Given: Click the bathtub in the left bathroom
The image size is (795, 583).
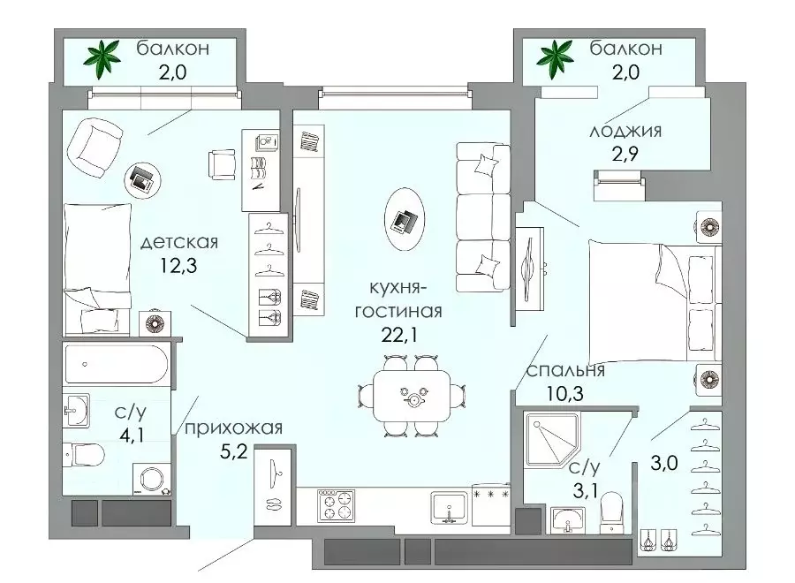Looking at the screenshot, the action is [116, 364].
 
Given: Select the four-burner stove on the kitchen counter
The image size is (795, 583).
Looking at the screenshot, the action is [336, 505].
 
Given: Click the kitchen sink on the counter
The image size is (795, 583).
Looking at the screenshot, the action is [450, 508].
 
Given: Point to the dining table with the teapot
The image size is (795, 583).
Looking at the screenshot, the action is [412, 396].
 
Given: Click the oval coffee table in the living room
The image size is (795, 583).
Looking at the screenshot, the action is [405, 219].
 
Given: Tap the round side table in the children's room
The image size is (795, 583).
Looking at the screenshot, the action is [142, 178].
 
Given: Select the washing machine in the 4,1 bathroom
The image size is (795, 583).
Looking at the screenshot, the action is [152, 479].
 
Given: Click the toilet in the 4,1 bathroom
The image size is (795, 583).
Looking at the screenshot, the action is [84, 455].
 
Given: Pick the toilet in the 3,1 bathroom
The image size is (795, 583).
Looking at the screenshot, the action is [611, 512].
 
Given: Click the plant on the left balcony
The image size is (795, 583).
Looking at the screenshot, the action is [103, 58].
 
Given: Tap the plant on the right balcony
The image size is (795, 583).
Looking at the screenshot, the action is [556, 58].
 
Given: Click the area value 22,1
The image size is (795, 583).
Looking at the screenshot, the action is [399, 335].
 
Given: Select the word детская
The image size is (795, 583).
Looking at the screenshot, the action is [179, 242].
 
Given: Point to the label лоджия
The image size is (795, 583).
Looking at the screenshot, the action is [625, 132].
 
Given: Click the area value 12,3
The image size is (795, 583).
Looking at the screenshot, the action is [178, 265].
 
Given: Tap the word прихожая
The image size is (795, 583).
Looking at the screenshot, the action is [233, 428].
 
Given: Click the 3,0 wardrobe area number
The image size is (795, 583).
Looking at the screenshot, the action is [664, 463].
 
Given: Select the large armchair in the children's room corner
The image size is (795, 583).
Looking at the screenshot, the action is [95, 147].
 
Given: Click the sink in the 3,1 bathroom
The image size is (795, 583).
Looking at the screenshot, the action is [568, 520].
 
